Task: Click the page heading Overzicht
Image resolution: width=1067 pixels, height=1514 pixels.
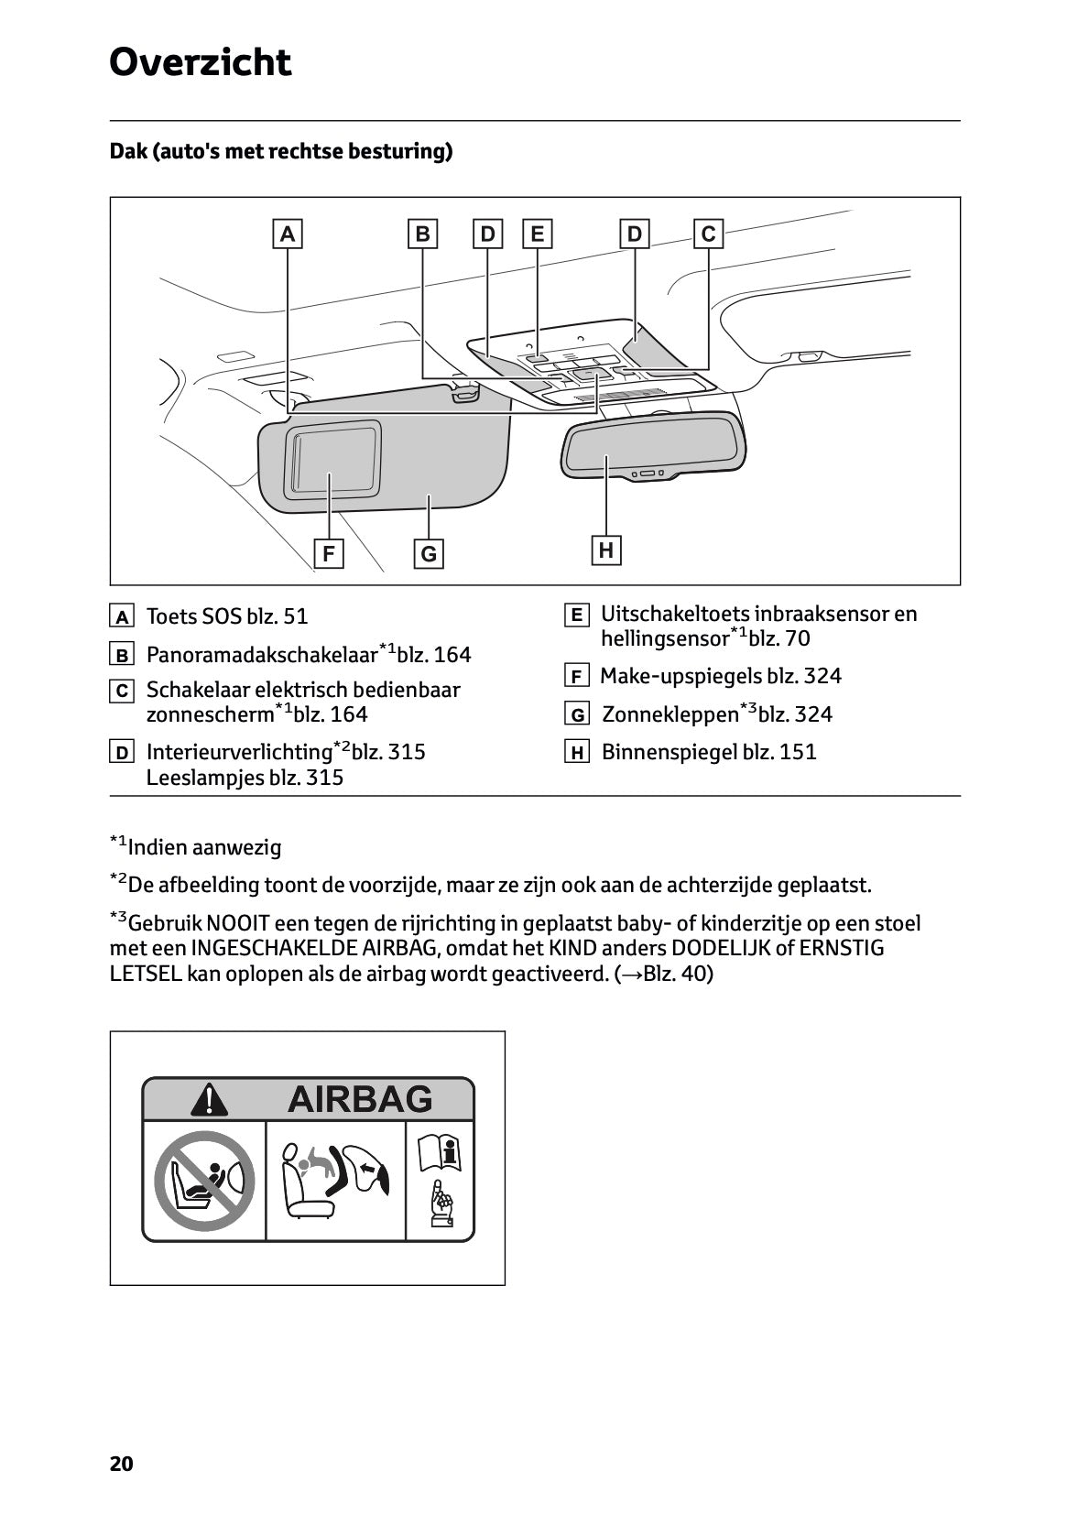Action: click(200, 63)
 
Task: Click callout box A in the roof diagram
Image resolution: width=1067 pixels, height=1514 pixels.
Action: click(288, 234)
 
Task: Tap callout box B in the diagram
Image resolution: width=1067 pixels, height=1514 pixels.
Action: click(422, 234)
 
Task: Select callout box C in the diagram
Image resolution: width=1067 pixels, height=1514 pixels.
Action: click(708, 234)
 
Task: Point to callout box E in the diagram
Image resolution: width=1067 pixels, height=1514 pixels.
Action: click(537, 234)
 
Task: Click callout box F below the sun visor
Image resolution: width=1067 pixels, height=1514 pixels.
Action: click(328, 554)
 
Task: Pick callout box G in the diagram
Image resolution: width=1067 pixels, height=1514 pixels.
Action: click(429, 554)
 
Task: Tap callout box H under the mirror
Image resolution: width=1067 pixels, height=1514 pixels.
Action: click(605, 550)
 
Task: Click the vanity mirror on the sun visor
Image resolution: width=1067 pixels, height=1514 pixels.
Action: click(333, 460)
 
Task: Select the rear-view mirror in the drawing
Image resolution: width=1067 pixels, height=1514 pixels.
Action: click(652, 445)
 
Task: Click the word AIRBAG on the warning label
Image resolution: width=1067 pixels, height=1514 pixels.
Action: click(360, 1099)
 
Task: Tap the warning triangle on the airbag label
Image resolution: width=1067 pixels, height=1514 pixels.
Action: click(210, 1100)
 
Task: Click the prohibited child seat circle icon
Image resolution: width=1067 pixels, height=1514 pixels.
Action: click(203, 1182)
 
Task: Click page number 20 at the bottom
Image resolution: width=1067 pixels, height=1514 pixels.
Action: click(121, 1464)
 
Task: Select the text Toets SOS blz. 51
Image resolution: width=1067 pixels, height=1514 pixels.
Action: click(227, 616)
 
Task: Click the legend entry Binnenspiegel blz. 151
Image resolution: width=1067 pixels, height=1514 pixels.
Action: click(708, 752)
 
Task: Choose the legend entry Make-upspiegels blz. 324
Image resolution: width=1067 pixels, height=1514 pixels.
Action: click(720, 676)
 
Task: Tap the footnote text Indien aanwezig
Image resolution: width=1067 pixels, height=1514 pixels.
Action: click(204, 847)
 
